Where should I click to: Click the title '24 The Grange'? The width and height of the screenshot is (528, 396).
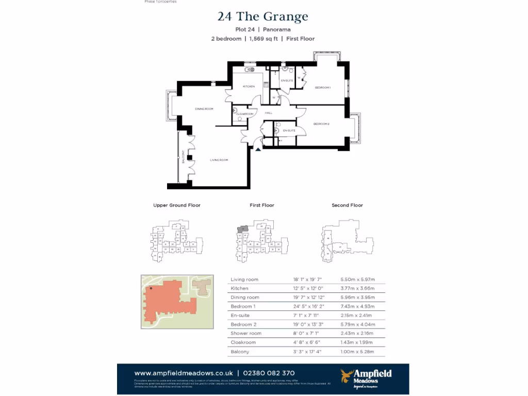pos(263,16)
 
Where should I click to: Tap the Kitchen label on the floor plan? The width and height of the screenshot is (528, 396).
pos(249,87)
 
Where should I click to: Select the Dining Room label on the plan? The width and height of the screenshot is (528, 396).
pos(204,109)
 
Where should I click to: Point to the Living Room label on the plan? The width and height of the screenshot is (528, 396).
pos(219,160)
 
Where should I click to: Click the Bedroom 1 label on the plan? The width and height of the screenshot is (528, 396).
pos(323,88)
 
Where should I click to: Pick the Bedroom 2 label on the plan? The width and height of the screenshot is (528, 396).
pos(321,124)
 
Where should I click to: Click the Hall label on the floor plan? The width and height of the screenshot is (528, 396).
pos(268,113)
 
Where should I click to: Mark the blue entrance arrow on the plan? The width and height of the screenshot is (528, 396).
pos(258,149)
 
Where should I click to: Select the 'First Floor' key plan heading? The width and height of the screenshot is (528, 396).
pos(262,205)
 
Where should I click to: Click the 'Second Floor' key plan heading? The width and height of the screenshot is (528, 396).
pos(347,205)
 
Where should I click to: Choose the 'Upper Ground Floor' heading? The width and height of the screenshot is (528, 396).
pos(177,205)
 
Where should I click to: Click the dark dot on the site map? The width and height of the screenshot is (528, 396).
pos(151,288)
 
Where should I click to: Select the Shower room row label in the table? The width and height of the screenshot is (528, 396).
pos(246,334)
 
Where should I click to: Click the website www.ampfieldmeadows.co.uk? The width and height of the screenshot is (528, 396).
pos(183,373)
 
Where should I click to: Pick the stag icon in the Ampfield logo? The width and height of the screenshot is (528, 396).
pos(346,375)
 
